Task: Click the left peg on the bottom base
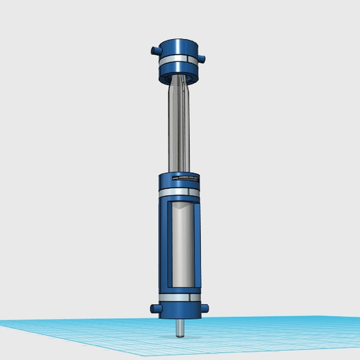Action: (153, 308)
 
